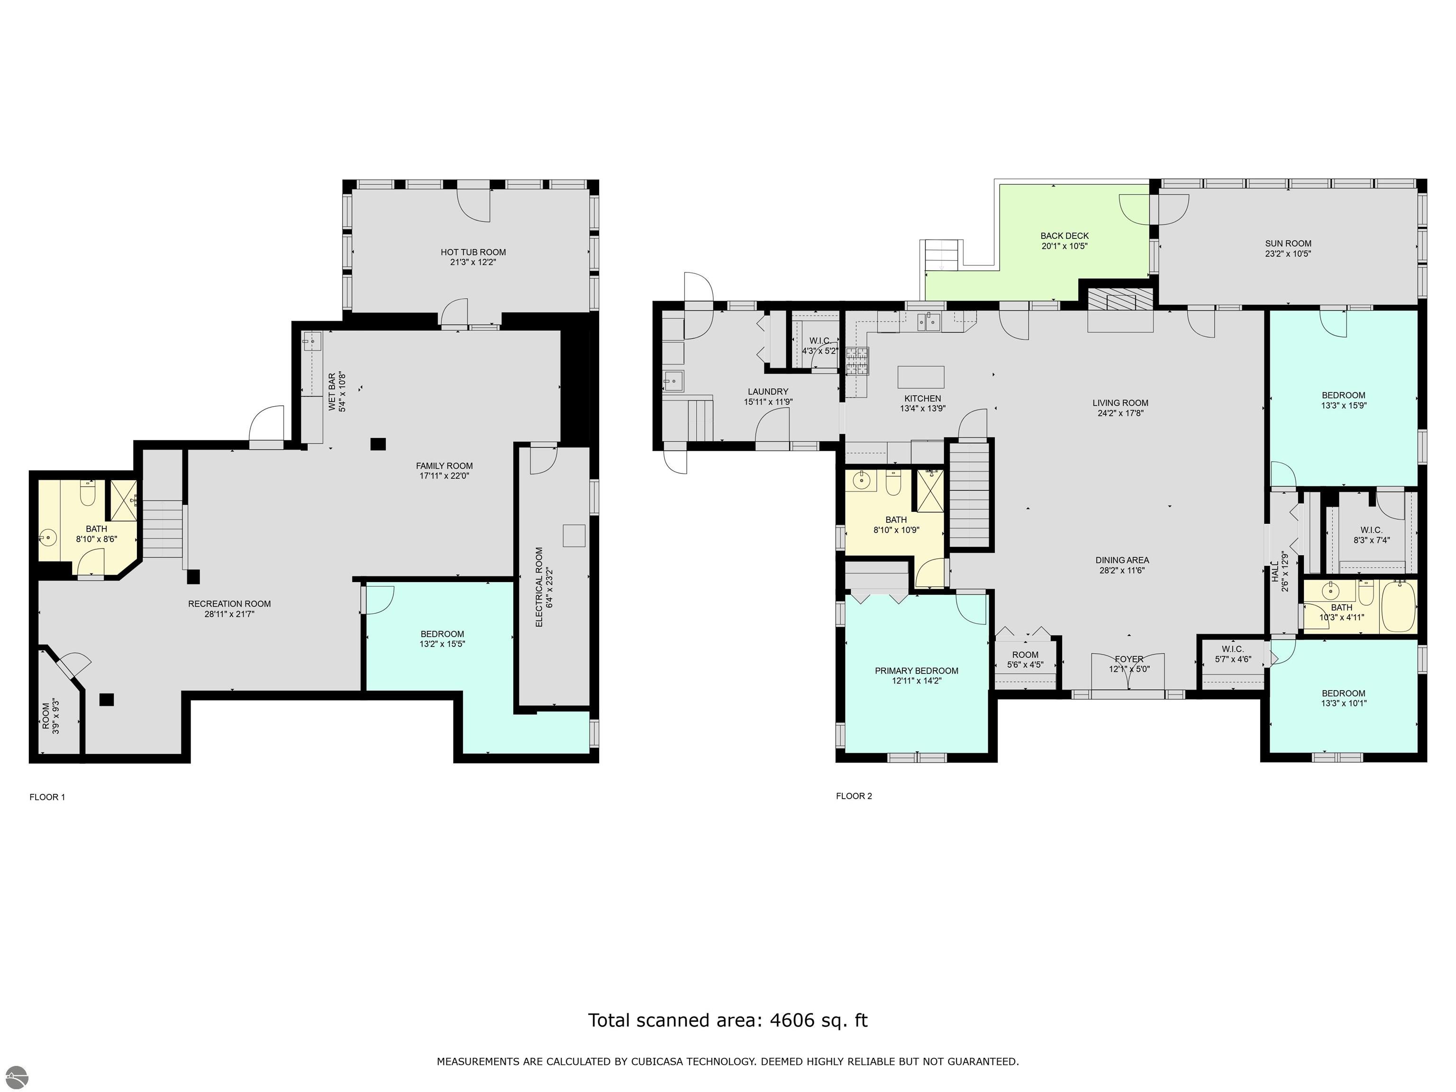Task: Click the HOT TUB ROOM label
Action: click(473, 252)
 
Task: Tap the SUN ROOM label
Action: click(1288, 244)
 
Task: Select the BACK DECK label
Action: click(1065, 236)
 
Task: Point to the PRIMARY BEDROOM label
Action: click(916, 671)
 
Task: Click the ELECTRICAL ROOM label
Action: click(539, 587)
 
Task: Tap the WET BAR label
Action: click(332, 392)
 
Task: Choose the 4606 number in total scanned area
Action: click(791, 1020)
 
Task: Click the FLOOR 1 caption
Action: click(47, 797)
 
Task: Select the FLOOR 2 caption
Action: click(854, 796)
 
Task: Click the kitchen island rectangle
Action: click(921, 377)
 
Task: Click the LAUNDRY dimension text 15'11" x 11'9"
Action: click(768, 401)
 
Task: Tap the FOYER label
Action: click(1129, 659)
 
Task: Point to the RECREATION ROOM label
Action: click(229, 604)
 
